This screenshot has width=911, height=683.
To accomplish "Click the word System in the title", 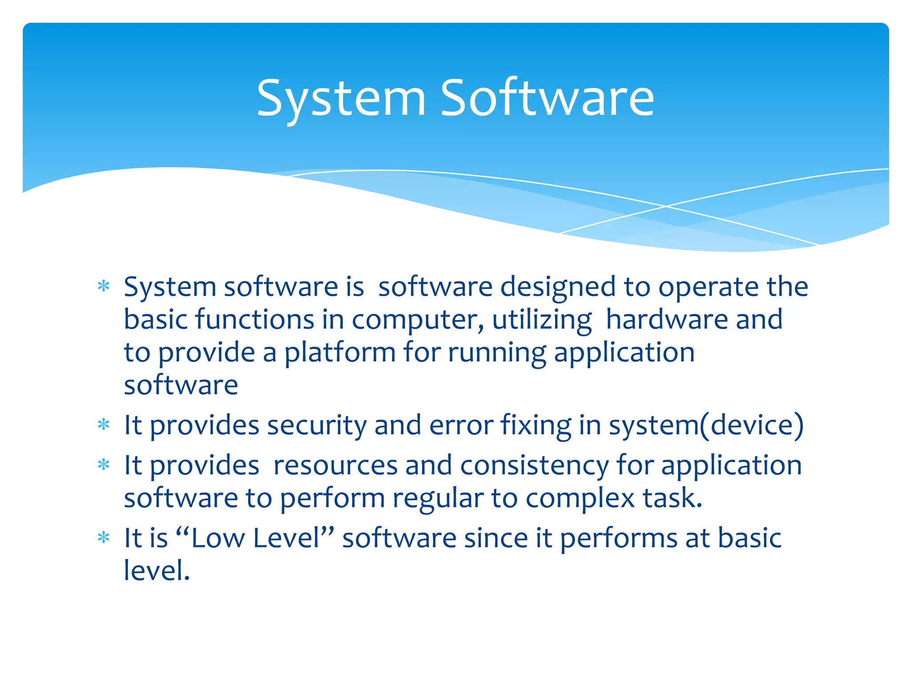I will pos(341,99).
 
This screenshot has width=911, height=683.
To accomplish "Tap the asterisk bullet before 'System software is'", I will pos(104,286).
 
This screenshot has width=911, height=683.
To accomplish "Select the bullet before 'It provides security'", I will pos(104,425).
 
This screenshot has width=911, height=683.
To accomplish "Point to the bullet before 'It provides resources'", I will pos(104,465).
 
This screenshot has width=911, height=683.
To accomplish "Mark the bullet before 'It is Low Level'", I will pos(104,538).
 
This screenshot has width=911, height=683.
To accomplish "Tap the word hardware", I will pos(666,319).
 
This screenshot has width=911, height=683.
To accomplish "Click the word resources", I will pos(335,466).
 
